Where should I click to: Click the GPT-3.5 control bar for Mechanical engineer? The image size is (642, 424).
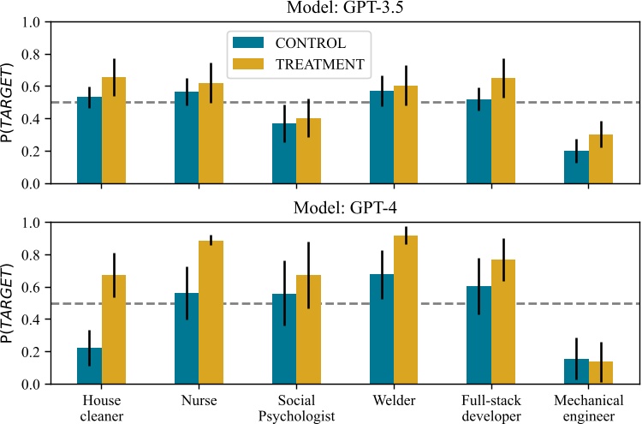coord(576,167)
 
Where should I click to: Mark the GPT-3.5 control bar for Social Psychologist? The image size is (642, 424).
coord(284,153)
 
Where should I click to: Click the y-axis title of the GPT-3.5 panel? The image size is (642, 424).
coord(10,103)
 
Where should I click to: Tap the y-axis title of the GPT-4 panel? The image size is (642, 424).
coord(10,303)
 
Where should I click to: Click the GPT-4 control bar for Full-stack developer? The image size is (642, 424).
coord(479,335)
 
